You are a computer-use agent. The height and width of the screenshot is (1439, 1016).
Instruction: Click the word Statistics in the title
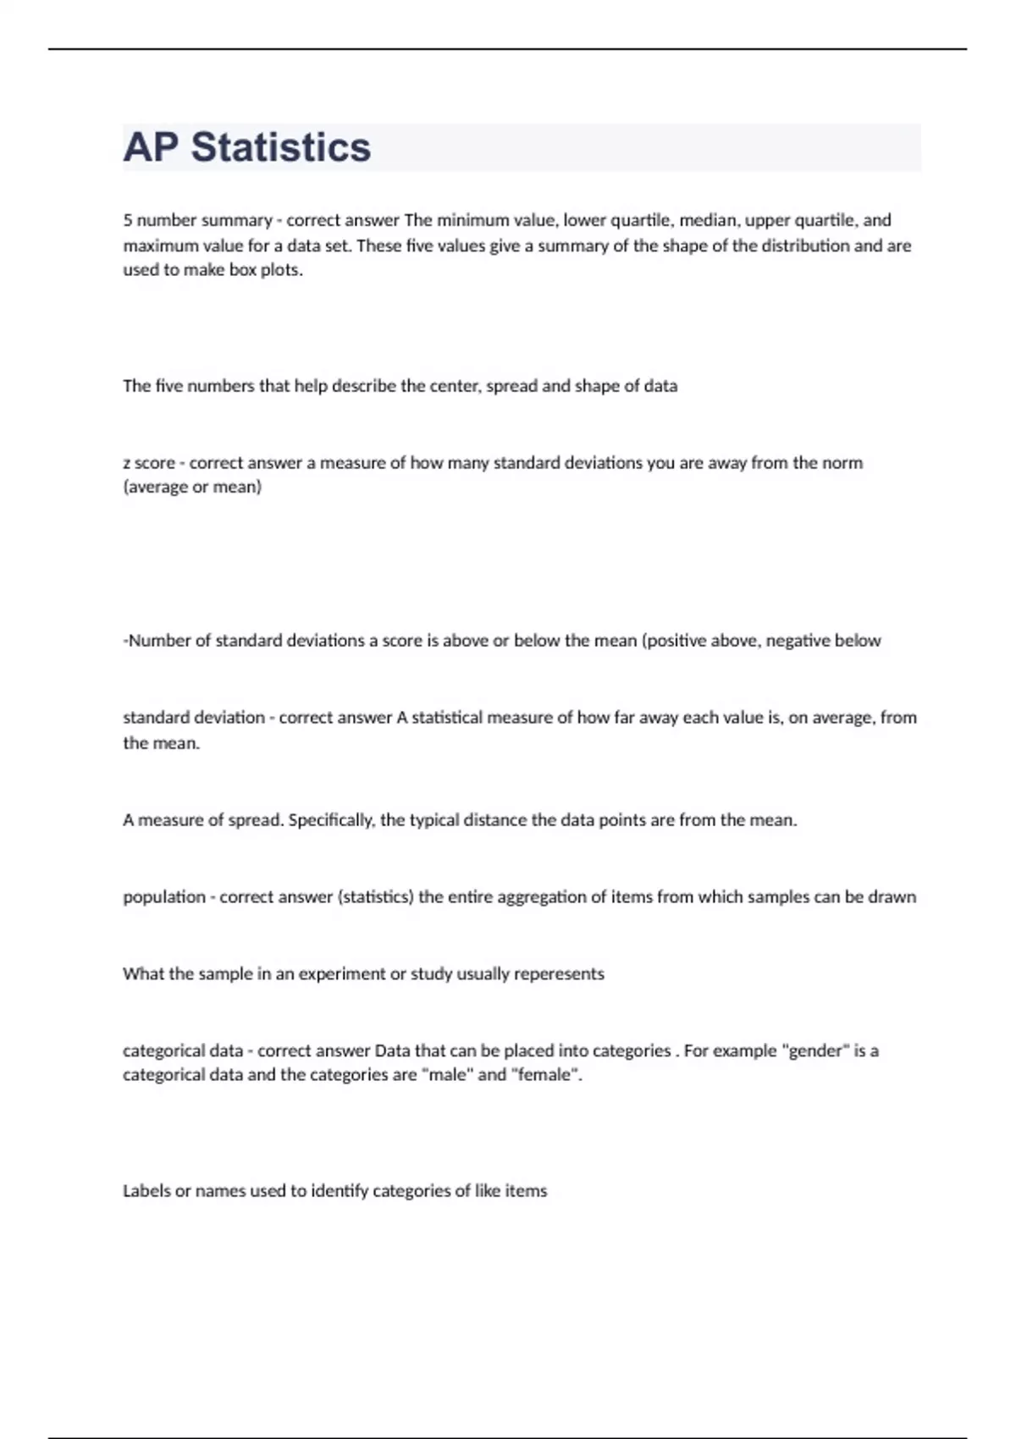point(280,147)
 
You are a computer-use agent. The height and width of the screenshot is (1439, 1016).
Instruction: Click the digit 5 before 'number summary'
point(128,220)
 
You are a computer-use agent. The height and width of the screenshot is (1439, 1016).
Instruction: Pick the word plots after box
point(282,270)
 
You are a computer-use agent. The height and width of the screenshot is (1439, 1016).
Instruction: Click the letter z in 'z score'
point(127,463)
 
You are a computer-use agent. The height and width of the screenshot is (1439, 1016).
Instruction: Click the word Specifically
point(331,820)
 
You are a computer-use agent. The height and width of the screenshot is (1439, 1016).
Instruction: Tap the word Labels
point(146,1191)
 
